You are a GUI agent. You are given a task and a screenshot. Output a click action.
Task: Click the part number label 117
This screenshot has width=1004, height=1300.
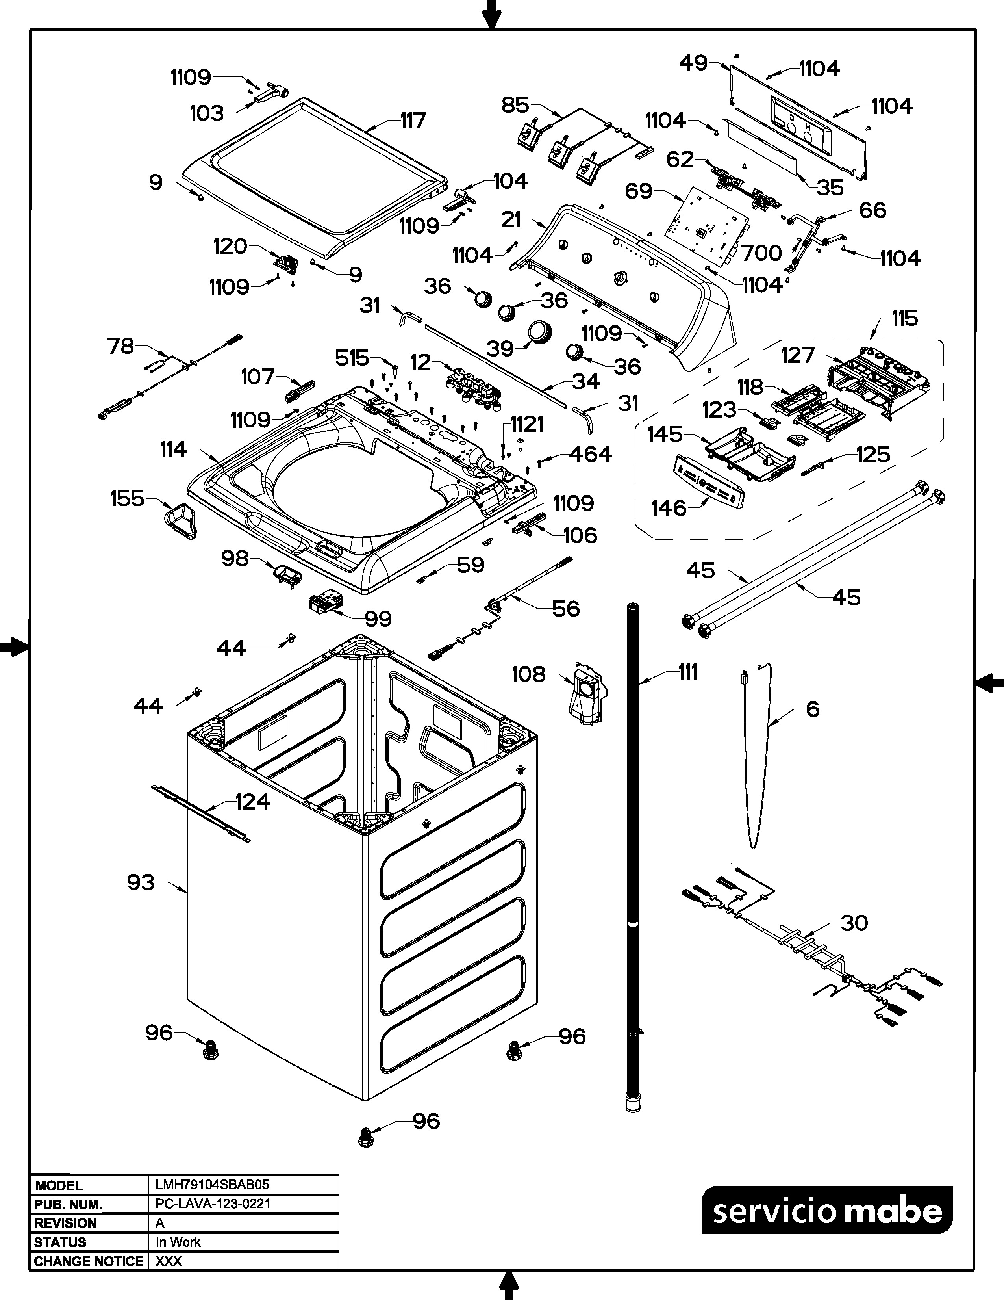point(413,121)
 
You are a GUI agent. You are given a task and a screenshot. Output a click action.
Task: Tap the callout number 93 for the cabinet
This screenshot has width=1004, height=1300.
point(141,882)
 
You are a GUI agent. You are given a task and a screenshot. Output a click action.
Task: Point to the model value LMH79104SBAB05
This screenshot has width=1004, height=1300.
point(212,1185)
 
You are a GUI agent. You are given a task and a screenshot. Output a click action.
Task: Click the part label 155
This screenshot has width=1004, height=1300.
point(127,498)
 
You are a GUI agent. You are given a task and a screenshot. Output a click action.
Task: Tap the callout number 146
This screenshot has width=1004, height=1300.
point(669,508)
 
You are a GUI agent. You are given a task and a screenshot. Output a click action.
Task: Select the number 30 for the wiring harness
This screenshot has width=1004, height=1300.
point(854,923)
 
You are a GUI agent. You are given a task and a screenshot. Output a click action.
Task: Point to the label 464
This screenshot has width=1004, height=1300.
point(590,454)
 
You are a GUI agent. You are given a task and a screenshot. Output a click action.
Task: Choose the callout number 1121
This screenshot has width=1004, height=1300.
point(527,424)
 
